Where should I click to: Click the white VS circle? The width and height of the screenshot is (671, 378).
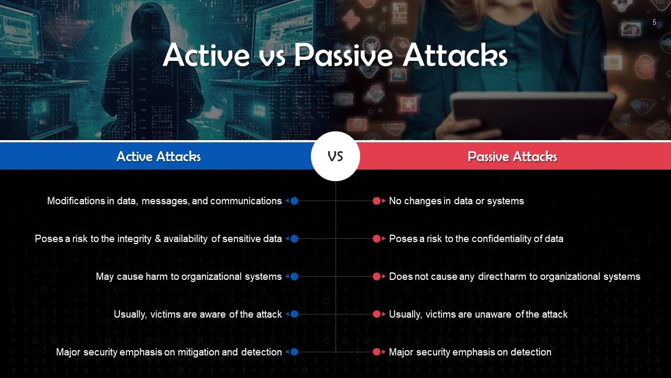[335, 156]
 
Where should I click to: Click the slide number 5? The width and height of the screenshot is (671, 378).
[654, 22]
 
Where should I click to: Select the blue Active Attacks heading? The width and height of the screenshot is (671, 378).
[158, 156]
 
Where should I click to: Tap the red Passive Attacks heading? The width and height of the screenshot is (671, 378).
[512, 156]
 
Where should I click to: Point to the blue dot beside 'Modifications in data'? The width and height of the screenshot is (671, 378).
[294, 201]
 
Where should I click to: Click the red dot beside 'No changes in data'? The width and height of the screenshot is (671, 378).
[376, 201]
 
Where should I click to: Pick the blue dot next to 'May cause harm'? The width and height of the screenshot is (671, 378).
[294, 276]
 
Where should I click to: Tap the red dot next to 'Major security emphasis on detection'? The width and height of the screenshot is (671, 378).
[376, 352]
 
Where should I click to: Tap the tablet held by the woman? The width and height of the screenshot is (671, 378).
[532, 113]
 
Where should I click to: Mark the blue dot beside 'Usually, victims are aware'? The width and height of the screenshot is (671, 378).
[294, 314]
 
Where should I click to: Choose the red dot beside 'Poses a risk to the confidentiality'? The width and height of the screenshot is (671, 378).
[376, 238]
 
